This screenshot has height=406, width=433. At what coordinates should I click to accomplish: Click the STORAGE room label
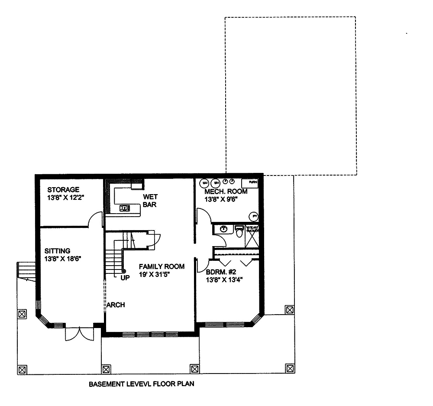click(x=63, y=189)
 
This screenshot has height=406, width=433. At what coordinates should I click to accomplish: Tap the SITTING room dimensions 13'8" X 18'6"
click(x=63, y=259)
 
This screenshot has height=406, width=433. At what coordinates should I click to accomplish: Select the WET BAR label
click(x=150, y=200)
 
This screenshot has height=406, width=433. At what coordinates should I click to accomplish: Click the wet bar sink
click(x=125, y=208)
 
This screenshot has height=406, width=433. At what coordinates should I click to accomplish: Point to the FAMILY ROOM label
click(x=162, y=266)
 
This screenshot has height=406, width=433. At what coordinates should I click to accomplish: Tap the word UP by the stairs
click(x=125, y=278)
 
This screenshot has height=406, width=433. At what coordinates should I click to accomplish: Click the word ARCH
click(x=116, y=305)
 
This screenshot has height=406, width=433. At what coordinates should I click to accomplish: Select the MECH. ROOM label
click(x=226, y=192)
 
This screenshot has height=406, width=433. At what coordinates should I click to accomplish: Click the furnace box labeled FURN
click(x=250, y=182)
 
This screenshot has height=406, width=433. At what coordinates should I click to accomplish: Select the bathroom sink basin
click(x=223, y=228)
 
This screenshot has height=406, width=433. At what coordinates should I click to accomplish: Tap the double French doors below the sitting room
click(x=79, y=334)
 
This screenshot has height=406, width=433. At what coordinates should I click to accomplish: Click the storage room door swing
click(x=95, y=220)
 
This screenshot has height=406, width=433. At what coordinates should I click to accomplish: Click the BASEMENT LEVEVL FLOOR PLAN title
click(x=141, y=384)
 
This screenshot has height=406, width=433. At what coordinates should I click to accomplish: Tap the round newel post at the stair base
click(x=124, y=271)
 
